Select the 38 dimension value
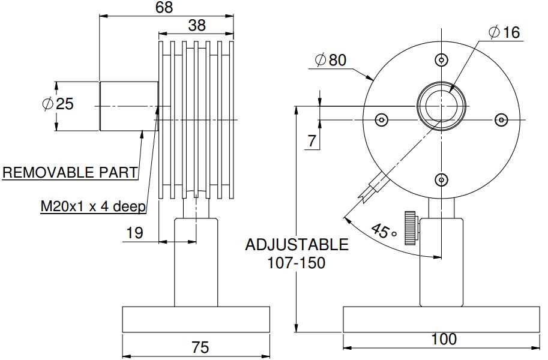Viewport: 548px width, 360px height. click(197, 25)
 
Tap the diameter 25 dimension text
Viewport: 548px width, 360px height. click(58, 104)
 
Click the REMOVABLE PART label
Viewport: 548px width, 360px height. click(70, 173)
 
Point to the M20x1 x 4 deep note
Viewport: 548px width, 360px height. click(93, 207)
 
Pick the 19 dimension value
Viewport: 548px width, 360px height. click(135, 233)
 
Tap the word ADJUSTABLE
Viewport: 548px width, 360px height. click(297, 245)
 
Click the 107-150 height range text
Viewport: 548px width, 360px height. click(297, 263)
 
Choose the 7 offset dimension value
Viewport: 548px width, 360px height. click(312, 142)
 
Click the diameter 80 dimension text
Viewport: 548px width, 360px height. click(331, 60)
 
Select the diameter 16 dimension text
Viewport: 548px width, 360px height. click(504, 32)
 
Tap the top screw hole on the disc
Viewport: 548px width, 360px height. click(442, 59)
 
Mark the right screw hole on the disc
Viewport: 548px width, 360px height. click(501, 120)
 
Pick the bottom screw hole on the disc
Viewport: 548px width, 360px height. click(442, 179)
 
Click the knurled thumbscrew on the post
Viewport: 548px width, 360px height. click(411, 227)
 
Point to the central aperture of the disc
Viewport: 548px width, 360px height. click(442, 107)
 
